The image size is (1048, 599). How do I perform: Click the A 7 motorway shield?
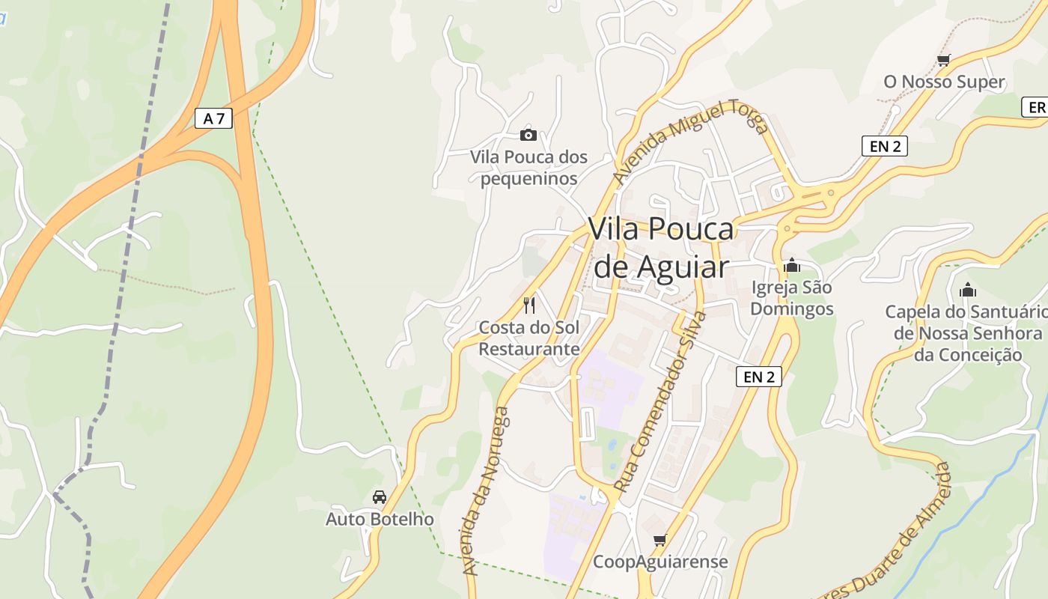point(213,118)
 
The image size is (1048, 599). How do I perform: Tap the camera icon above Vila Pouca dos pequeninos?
point(528,135)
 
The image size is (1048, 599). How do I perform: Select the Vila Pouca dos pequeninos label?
point(528,168)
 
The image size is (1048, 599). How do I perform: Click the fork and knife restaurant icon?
point(529,305)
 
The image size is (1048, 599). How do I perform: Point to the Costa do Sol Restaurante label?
point(529,338)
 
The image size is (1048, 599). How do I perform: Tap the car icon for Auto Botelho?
point(380,497)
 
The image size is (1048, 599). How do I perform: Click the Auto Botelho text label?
point(380,519)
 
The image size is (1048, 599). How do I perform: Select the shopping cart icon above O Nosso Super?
point(943,61)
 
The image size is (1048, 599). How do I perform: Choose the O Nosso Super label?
point(944,82)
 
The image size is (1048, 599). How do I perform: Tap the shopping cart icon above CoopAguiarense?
point(659,540)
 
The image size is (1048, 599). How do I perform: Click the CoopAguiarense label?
point(660,562)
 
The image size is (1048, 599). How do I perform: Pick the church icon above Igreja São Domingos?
point(791,266)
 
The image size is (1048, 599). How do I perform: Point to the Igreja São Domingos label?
point(791,298)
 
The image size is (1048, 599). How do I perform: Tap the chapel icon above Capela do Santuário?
point(968,290)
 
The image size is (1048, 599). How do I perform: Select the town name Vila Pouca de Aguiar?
point(661,247)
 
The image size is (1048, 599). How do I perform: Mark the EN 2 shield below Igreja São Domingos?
point(759,377)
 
